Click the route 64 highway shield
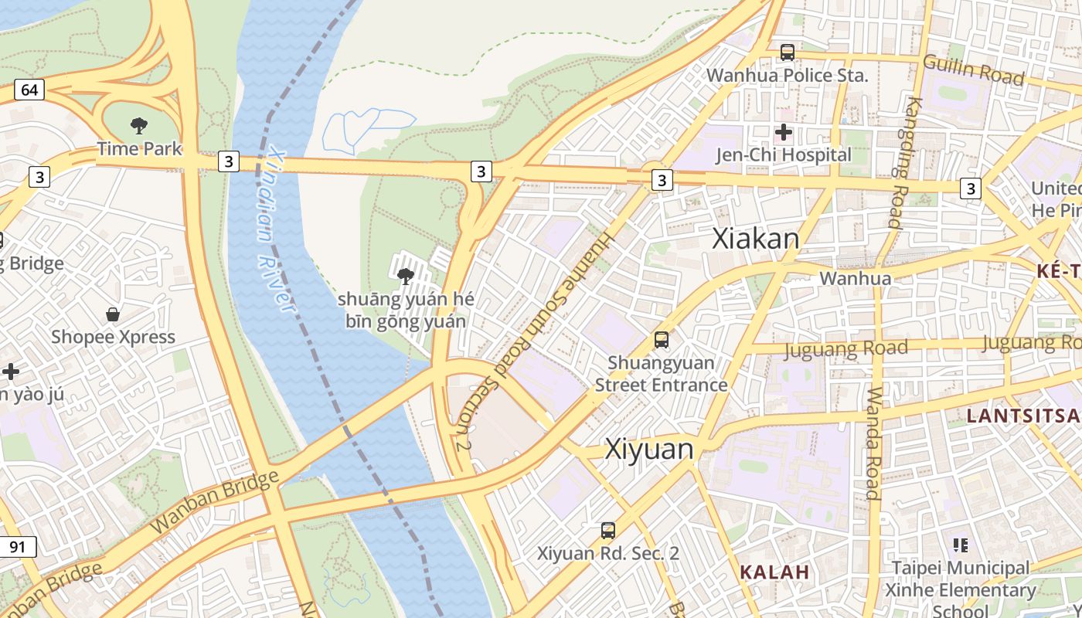pyautogui.click(x=29, y=90)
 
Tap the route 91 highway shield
pyautogui.click(x=18, y=547)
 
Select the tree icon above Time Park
pyautogui.click(x=139, y=125)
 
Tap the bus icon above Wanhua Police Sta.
pyautogui.click(x=787, y=53)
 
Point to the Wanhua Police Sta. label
pyautogui.click(x=787, y=76)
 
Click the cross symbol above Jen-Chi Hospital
pyautogui.click(x=783, y=132)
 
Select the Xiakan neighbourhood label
pyautogui.click(x=755, y=239)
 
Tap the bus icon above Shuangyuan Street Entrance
pyautogui.click(x=661, y=339)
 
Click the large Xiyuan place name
pyautogui.click(x=649, y=449)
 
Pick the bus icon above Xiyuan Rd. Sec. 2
pyautogui.click(x=608, y=531)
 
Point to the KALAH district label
pyautogui.click(x=774, y=572)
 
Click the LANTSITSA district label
pyautogui.click(x=1023, y=416)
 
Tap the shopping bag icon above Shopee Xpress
pyautogui.click(x=113, y=314)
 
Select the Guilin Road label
pyautogui.click(x=973, y=70)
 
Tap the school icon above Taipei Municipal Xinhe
pyautogui.click(x=961, y=545)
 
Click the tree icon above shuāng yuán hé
pyautogui.click(x=405, y=276)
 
